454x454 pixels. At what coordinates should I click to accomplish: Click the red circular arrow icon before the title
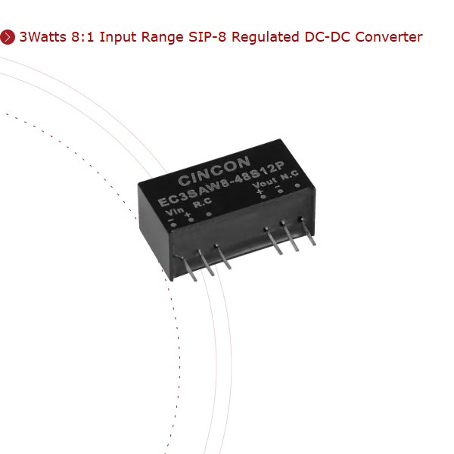point(8,36)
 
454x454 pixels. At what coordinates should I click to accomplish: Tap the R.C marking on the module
point(202,204)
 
